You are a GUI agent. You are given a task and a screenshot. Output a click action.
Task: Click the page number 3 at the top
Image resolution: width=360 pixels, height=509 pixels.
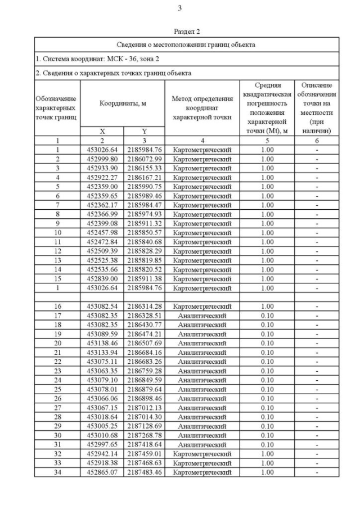pos(179,8)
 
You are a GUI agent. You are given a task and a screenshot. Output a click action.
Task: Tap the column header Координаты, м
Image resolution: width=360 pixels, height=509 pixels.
pos(123,103)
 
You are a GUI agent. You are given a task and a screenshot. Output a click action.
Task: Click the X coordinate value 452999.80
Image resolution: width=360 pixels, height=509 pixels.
pos(102,159)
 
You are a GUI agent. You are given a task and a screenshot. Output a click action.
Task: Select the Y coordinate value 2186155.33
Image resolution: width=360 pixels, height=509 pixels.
pos(144,168)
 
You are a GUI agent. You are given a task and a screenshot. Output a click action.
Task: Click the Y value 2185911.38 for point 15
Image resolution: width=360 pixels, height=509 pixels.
pos(144,278)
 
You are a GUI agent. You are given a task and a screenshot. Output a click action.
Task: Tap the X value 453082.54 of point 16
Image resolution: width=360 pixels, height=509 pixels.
pos(102,307)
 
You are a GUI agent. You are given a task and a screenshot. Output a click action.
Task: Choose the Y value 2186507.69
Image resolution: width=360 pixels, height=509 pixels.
pos(144,343)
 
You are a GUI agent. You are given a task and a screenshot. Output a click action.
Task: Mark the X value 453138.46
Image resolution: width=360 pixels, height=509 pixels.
pos(102,343)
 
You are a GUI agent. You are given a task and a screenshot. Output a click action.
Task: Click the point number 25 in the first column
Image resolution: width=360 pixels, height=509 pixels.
pos(57,389)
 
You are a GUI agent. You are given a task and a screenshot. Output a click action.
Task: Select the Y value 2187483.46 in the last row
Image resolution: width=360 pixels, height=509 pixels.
pos(144,472)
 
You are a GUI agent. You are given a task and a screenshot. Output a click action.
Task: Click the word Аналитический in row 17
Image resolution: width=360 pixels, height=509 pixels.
pos(202,316)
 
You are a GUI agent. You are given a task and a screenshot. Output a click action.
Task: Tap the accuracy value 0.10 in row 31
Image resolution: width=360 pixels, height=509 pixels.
pos(267,444)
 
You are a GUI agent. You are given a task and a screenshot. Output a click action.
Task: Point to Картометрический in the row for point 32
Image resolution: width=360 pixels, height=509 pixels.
pos(202,454)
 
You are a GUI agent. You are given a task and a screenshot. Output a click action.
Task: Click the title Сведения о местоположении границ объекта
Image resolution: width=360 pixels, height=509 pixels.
pos(187,44)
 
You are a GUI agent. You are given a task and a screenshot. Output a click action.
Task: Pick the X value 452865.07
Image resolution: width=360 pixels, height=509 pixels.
pos(102,472)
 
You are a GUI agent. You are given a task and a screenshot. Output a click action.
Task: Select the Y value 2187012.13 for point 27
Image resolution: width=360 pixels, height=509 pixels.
pos(144,408)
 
